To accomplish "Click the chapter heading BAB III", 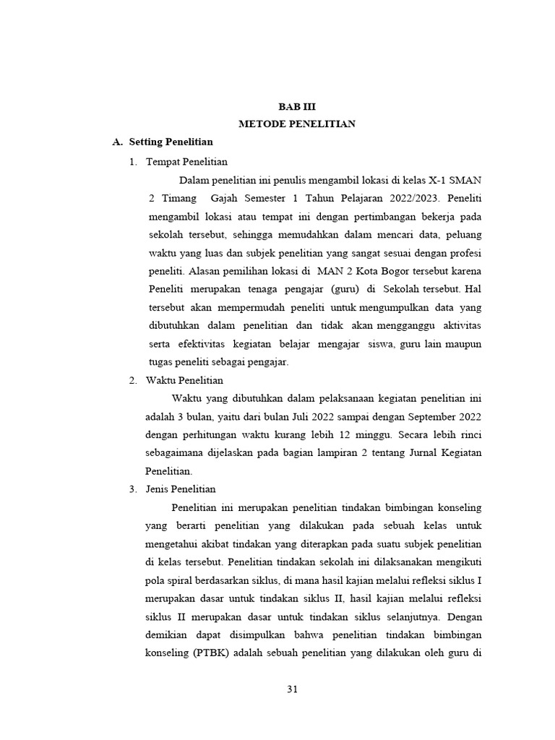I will click(297, 106).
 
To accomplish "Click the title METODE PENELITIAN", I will click(297, 124).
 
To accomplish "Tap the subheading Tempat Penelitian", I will click(186, 161).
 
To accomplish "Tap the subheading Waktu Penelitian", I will click(184, 379).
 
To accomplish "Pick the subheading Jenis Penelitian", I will click(181, 489).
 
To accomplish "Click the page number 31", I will click(293, 689).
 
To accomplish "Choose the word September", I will click(433, 416).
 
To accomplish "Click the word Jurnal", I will click(409, 452).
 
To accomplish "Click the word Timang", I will click(178, 197).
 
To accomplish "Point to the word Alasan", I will click(208, 271).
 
